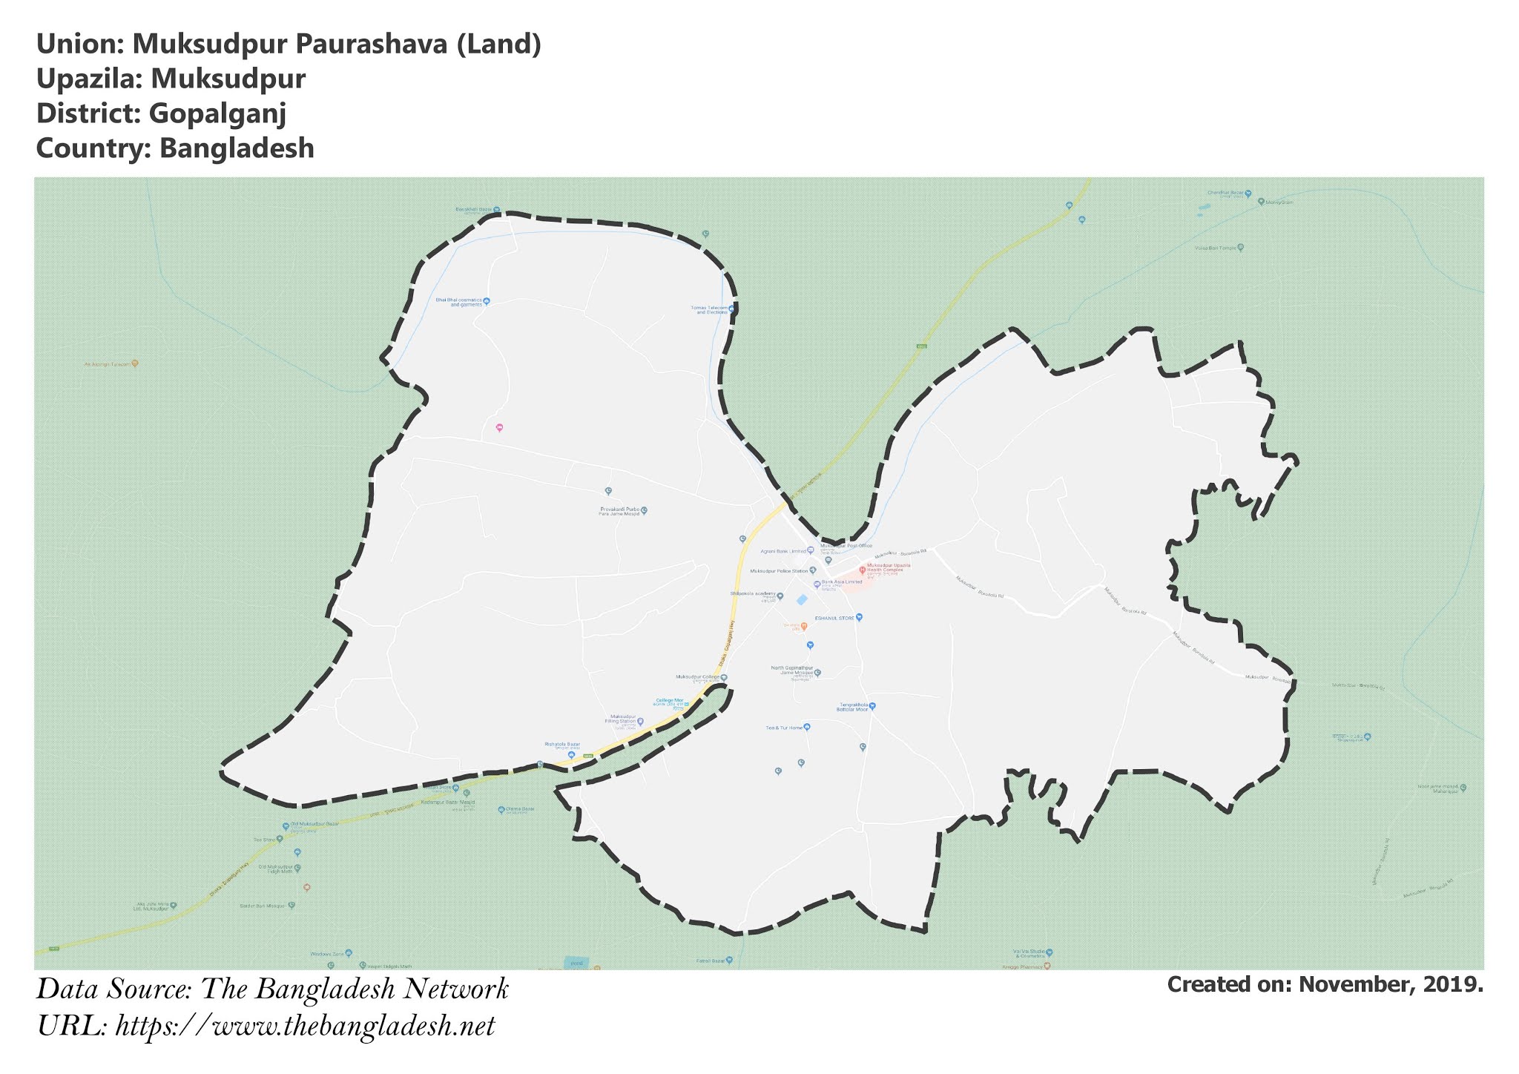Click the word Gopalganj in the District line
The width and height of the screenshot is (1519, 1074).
(217, 113)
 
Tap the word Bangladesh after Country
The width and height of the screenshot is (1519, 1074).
(237, 148)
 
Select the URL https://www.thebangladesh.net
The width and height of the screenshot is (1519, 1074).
(305, 1027)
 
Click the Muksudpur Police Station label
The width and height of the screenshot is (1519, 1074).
(779, 571)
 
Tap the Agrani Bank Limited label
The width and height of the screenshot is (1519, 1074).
(783, 551)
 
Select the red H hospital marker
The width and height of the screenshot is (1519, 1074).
(862, 570)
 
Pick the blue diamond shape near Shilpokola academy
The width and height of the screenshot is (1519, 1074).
(802, 599)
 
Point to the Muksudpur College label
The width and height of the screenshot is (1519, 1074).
(697, 677)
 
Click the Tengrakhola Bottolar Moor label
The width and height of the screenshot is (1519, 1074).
(853, 707)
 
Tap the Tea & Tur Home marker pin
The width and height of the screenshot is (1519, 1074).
(807, 727)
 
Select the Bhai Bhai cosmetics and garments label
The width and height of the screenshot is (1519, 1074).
(459, 302)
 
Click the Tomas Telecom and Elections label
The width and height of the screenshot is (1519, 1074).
(709, 309)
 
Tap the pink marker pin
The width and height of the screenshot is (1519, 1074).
(499, 428)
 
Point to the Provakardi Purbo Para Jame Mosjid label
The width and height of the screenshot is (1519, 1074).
(619, 511)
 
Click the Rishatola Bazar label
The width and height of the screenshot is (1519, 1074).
(562, 744)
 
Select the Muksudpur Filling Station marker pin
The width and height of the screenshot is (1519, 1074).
(641, 721)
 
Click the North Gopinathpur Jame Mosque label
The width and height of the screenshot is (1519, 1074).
(792, 671)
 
